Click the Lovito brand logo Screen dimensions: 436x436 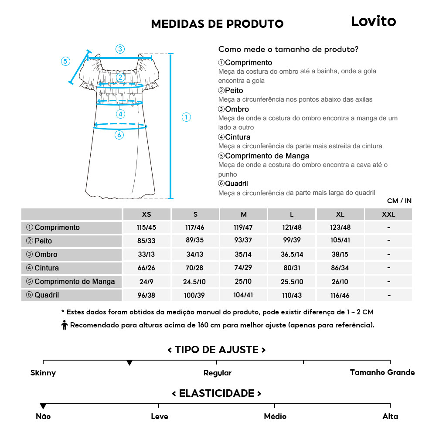(373, 21)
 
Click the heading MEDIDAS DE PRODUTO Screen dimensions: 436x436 (217, 24)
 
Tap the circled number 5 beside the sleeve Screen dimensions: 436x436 (65, 61)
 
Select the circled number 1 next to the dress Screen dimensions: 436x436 (186, 117)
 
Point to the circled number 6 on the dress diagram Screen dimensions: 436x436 (119, 135)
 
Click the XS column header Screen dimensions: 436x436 (146, 215)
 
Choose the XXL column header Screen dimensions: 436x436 (388, 215)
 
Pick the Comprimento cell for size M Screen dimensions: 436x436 (243, 228)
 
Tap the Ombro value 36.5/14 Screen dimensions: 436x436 (292, 255)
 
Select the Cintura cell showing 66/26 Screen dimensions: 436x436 (146, 268)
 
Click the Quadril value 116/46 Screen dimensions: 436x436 (340, 295)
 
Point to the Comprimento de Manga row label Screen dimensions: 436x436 (71, 282)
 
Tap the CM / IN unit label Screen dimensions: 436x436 (399, 201)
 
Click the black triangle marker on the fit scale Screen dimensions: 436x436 (129, 363)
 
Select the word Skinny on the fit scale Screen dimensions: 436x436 (43, 373)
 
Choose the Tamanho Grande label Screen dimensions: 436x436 (382, 372)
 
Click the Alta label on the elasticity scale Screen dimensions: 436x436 (390, 416)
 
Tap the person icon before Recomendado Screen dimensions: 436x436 (65, 325)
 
